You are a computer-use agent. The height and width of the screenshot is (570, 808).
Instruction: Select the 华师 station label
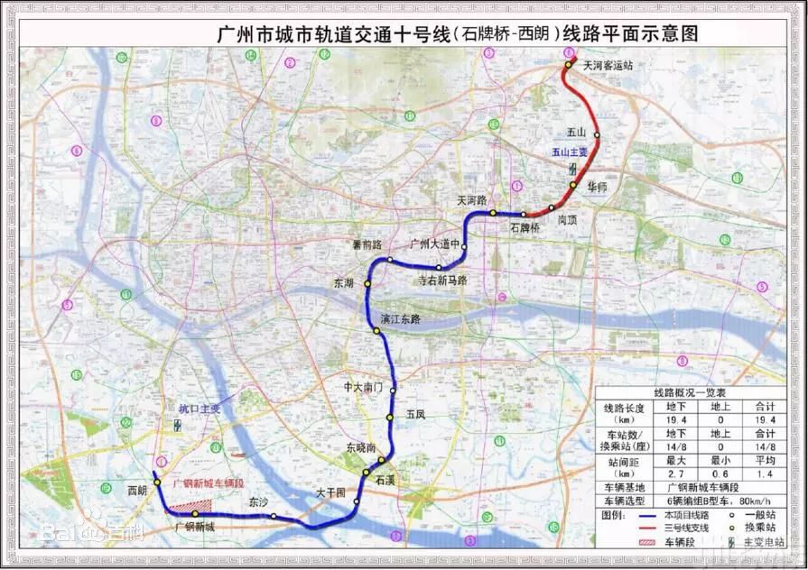tap(597, 187)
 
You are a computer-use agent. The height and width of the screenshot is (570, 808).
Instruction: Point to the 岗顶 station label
tap(568, 218)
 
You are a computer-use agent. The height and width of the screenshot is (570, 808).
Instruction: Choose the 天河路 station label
tap(471, 199)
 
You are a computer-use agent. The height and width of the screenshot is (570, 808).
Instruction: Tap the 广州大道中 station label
tap(436, 244)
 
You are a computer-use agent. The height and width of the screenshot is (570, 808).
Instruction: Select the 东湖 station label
tap(343, 283)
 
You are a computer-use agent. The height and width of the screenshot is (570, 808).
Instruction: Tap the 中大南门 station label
tap(364, 386)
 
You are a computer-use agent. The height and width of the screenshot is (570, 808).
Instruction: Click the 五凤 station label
tap(415, 415)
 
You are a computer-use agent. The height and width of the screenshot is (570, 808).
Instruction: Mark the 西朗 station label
tap(137, 491)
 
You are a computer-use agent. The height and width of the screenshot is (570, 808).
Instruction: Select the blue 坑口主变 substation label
tap(200, 409)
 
